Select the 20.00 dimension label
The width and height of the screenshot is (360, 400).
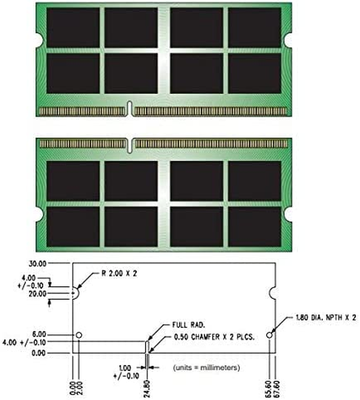[36, 293]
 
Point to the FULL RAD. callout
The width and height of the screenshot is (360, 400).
[185, 324]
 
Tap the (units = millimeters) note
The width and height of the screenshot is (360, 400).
[207, 368]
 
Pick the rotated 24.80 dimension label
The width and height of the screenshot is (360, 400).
[147, 386]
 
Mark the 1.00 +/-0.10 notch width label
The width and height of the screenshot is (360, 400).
[127, 372]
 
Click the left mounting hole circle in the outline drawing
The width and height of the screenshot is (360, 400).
[79, 335]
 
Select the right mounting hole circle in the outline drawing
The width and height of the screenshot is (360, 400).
[270, 335]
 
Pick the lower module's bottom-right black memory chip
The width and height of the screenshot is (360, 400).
[255, 227]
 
